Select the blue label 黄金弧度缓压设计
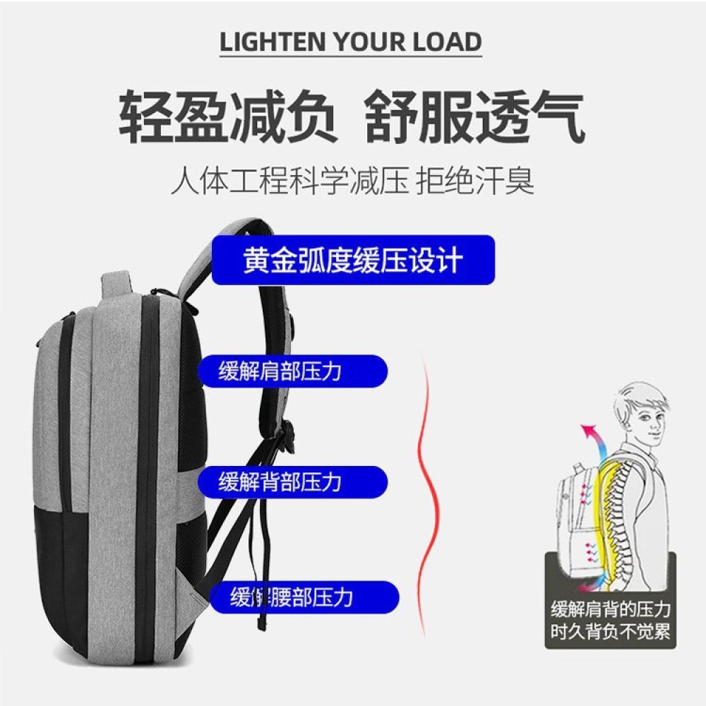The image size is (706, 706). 354,260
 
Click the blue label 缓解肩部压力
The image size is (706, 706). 293,371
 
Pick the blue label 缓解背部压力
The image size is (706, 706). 293,482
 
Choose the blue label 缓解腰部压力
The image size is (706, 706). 304,597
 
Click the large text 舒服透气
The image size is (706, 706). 474,116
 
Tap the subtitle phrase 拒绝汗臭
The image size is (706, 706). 475,181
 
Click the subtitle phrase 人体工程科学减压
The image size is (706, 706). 290,181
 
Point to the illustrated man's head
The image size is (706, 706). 642,412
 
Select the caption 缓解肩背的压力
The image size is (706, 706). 611,610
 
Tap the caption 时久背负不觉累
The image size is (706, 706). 611,631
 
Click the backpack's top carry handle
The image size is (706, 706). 117,285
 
